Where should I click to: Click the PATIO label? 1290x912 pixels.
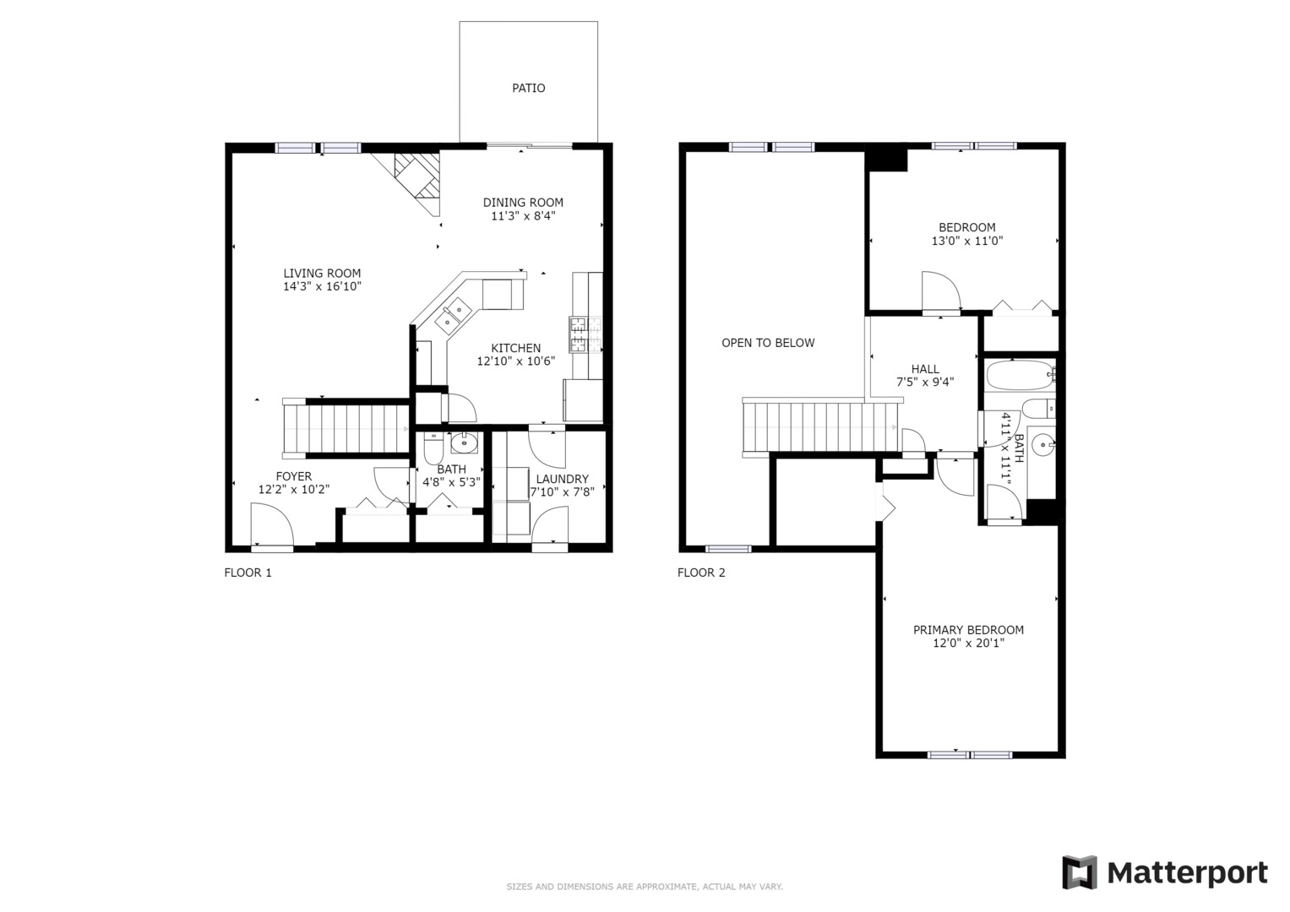(528, 88)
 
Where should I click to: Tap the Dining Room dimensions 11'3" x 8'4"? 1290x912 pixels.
(523, 216)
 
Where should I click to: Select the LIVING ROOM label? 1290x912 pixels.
(322, 274)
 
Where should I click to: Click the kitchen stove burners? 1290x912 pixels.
(585, 334)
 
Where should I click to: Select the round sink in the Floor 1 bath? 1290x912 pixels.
(464, 442)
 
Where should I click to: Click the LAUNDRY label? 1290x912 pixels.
(562, 479)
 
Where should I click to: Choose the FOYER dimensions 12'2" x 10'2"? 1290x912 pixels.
(294, 490)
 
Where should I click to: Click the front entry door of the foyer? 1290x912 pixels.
(272, 524)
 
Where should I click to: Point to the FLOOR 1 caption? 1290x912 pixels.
(248, 573)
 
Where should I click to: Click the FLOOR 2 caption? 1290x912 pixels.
(701, 573)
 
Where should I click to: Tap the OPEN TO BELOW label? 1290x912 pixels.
(768, 343)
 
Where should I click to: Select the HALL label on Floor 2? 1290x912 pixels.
(925, 369)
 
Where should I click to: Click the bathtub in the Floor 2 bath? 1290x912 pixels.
(1021, 376)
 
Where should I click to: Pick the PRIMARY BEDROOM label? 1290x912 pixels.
(968, 630)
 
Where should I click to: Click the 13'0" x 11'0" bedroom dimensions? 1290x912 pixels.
(967, 242)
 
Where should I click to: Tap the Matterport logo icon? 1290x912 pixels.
(1079, 872)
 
